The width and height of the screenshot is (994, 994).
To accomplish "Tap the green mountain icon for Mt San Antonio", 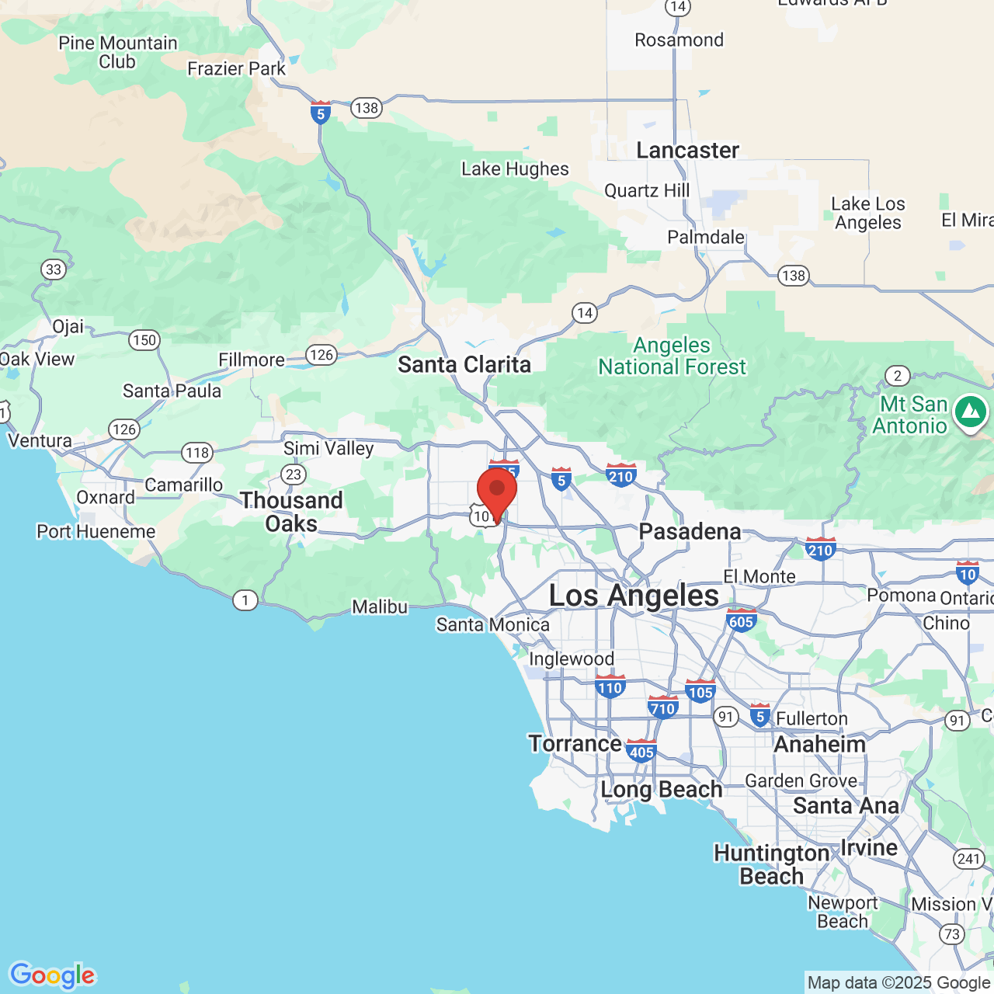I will [970, 412].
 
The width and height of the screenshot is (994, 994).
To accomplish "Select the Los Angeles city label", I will [634, 596].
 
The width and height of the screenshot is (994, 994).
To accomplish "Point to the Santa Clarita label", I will [464, 364].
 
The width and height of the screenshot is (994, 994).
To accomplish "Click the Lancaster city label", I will [687, 150].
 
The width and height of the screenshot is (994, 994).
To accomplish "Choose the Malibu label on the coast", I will [380, 606].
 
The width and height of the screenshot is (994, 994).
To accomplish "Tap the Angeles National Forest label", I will [672, 356].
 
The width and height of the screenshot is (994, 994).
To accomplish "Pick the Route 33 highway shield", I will [54, 269].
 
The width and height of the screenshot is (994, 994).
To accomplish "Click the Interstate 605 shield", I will [742, 620].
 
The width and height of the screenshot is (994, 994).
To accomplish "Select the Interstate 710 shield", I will [662, 707].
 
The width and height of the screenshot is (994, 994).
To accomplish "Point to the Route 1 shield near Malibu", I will [245, 600].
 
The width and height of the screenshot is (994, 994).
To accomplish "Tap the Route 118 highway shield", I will [197, 452].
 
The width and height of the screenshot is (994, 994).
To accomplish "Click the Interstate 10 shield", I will [967, 573].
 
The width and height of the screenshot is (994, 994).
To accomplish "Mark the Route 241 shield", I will [968, 858].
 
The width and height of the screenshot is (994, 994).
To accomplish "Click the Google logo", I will [52, 975].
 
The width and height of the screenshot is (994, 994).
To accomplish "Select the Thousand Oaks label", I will [291, 512].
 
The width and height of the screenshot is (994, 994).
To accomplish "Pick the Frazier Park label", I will [237, 68].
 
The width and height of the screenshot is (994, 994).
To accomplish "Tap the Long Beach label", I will [661, 790].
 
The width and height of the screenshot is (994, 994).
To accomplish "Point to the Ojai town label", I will [68, 326].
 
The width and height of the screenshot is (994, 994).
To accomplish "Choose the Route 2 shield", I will [898, 376].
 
